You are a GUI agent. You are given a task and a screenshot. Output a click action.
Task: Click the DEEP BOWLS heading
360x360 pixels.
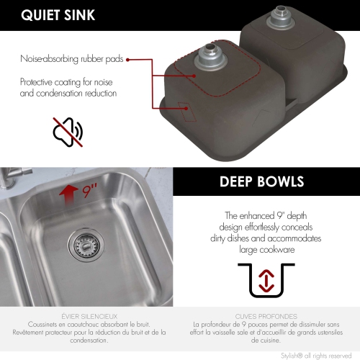[x=261, y=181]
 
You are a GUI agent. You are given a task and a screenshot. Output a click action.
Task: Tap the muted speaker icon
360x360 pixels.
[x=68, y=131]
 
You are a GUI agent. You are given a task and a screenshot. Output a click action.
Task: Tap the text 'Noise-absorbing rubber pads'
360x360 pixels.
[x=71, y=60]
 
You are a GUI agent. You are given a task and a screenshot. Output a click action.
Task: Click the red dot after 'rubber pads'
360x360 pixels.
[x=127, y=60]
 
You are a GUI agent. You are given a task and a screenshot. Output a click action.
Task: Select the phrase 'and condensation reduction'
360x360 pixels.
[x=68, y=93]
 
